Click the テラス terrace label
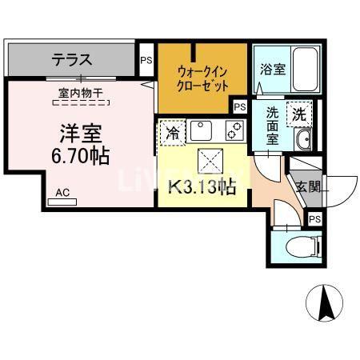(x=72, y=58)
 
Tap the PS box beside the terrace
(x=146, y=59)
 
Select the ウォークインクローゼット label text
(x=203, y=78)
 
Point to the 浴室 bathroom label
(x=272, y=70)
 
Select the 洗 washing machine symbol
(x=298, y=114)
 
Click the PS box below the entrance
(x=314, y=219)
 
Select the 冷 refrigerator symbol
(x=172, y=133)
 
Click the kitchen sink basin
(x=202, y=130)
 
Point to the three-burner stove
(x=234, y=130)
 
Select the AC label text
(x=62, y=192)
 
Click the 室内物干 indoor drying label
(x=81, y=94)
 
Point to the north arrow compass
(x=326, y=306)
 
